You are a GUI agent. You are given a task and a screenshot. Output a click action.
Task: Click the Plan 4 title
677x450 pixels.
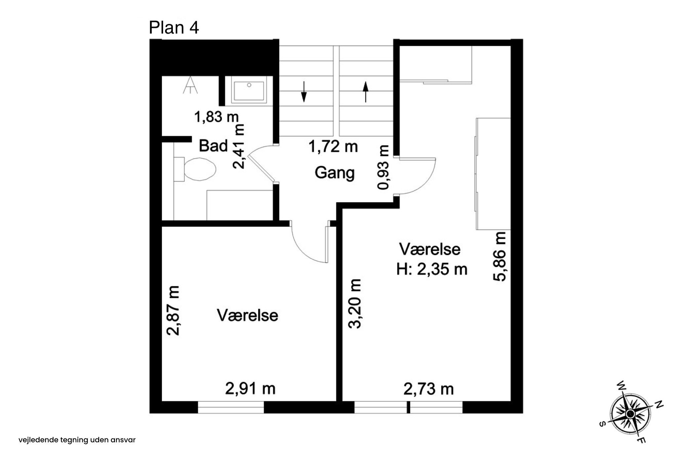[174, 27]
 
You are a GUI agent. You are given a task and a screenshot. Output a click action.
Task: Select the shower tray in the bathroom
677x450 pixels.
[249, 90]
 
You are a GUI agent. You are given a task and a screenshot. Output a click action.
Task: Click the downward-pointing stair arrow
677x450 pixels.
[304, 92]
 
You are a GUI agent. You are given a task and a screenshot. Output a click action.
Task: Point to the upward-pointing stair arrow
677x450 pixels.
[365, 92]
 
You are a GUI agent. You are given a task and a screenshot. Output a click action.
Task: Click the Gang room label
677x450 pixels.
[335, 173]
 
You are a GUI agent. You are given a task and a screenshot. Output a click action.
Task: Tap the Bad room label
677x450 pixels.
[214, 146]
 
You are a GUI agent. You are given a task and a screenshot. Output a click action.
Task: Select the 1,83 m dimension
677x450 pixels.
[216, 117]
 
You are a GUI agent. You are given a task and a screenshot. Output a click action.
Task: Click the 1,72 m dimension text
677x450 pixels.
[333, 147]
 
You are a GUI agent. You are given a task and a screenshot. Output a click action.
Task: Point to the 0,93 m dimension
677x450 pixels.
[383, 167]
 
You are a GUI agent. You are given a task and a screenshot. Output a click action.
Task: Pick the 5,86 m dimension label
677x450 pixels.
[499, 256]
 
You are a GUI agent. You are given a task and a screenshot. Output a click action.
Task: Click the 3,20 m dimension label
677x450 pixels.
[355, 304]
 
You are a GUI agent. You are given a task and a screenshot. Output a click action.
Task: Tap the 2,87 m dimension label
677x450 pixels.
[173, 311]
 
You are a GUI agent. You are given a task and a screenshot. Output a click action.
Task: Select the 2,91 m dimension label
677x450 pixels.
[250, 389]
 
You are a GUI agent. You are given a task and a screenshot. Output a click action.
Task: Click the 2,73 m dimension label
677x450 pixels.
[429, 389]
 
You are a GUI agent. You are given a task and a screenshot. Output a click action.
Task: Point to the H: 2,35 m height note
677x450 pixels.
[432, 270]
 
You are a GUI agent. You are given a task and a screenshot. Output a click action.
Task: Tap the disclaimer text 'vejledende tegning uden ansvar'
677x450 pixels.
[77, 440]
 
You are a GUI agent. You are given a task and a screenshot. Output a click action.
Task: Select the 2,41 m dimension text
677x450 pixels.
[238, 146]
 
